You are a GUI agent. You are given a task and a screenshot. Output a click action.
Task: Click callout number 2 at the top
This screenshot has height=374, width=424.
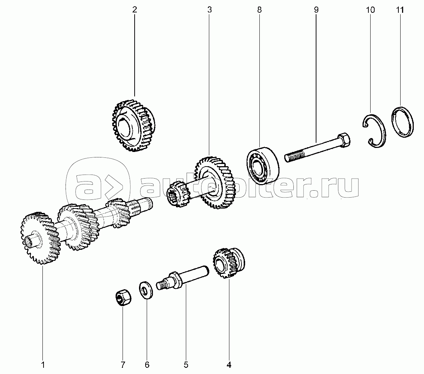click(135, 10)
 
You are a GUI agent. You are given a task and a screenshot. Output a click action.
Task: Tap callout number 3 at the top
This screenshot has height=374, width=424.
click(210, 10)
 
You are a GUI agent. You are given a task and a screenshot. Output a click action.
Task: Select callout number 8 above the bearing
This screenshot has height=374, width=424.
click(259, 10)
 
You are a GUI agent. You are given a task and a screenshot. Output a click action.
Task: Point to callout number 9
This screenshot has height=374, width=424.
click(316, 10)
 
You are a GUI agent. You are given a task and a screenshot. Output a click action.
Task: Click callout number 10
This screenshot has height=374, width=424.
click(371, 10)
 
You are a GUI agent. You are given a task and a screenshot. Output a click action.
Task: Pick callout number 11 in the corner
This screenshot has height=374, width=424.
click(400, 10)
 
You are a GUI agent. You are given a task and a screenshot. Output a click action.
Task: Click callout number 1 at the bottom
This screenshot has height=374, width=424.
click(43, 365)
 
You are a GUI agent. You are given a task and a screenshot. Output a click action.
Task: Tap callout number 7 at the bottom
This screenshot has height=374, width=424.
click(123, 365)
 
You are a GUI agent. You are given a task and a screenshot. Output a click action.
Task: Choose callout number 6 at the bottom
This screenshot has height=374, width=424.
click(147, 365)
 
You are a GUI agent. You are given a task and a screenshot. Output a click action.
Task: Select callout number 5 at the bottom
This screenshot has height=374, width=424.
click(186, 365)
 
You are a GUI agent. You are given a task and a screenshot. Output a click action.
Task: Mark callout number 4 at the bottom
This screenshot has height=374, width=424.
click(229, 365)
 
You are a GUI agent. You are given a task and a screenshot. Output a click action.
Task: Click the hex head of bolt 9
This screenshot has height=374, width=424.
click(344, 140)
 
